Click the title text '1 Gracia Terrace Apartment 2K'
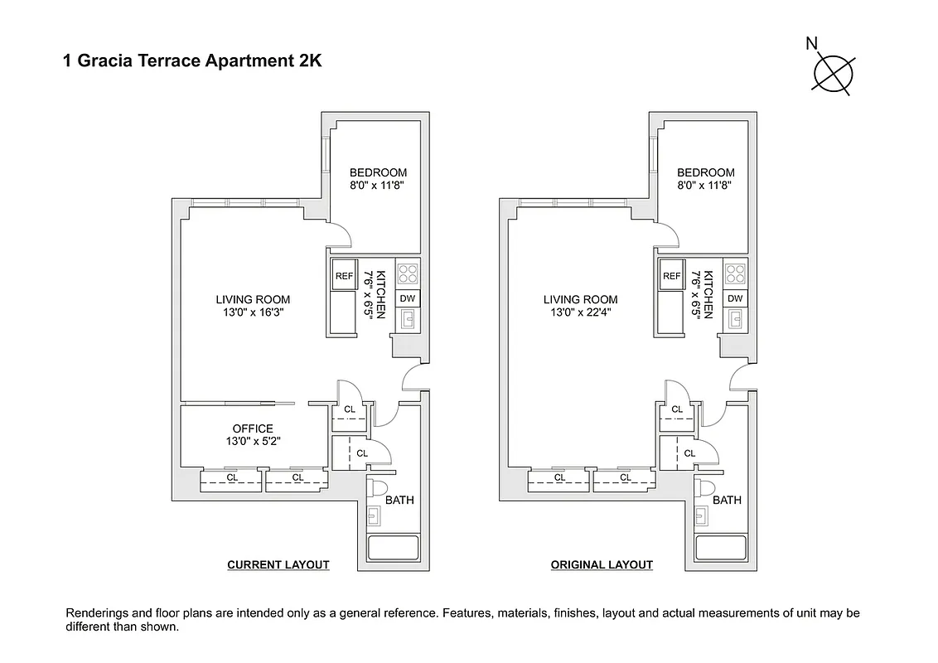(192, 60)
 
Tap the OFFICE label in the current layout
(253, 428)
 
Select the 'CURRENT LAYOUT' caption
(278, 565)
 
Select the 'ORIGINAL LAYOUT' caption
(602, 565)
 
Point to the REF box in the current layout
(344, 276)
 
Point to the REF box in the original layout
(671, 276)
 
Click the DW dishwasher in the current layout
(408, 298)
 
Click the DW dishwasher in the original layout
(735, 298)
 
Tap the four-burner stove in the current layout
(408, 273)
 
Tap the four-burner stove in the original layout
(735, 273)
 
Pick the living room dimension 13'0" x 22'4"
(580, 312)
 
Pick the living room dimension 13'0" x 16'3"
(253, 312)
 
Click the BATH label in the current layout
(399, 500)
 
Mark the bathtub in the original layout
(721, 549)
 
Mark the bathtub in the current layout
(394, 549)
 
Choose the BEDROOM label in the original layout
(705, 172)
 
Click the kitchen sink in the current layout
(408, 319)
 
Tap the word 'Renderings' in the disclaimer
(97, 613)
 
